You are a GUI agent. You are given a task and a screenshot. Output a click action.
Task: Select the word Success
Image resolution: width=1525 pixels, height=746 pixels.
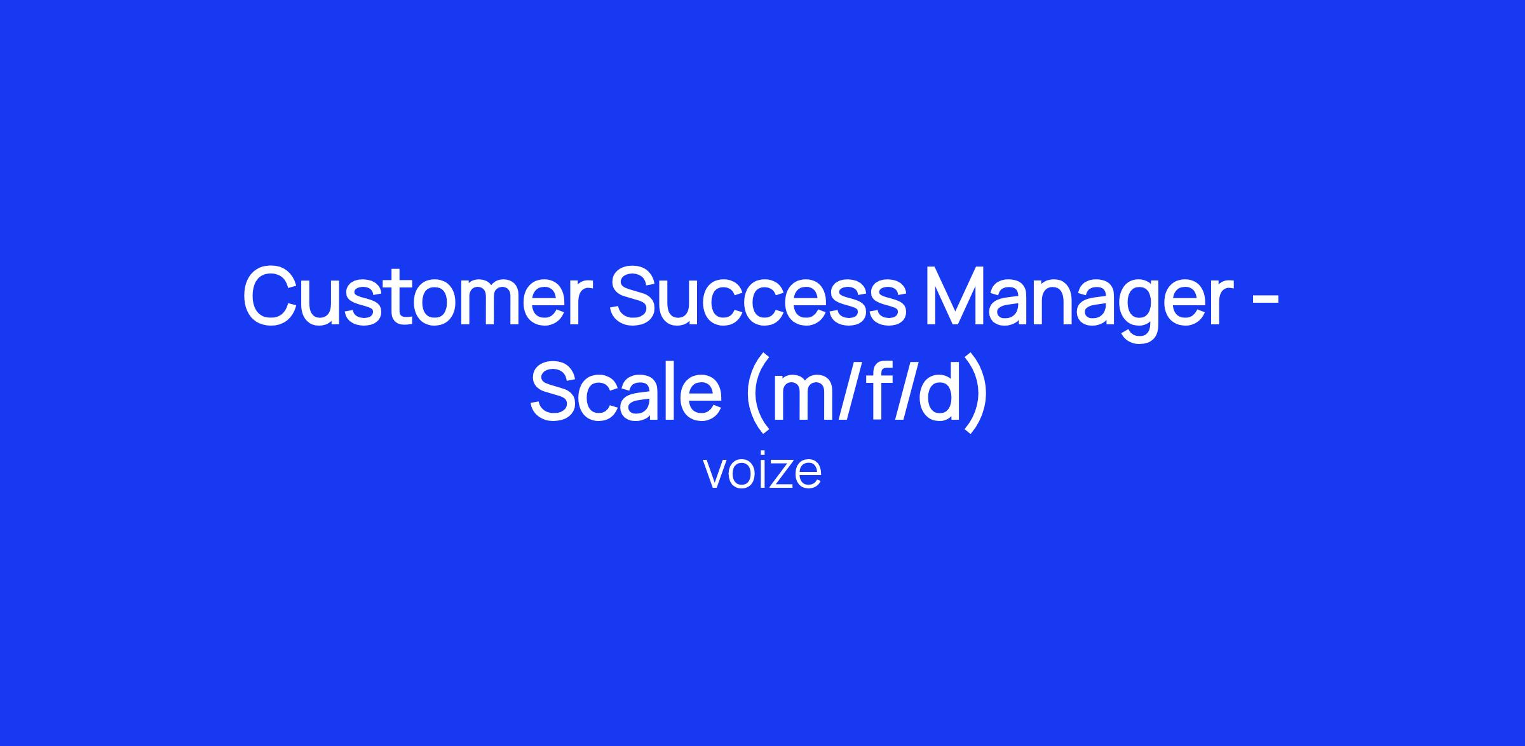756,297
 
